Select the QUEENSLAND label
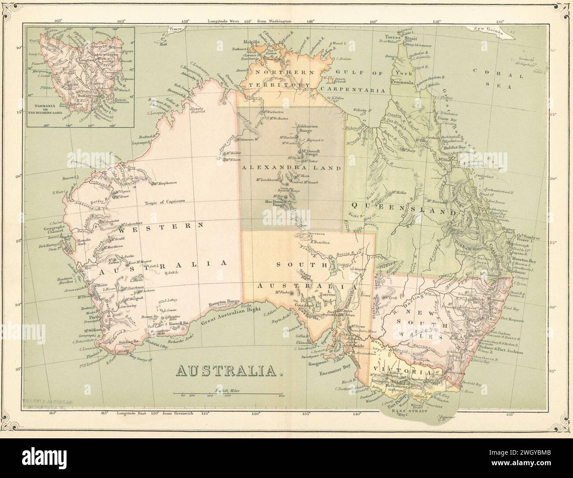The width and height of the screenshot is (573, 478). click(402, 209)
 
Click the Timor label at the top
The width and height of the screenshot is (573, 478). click(175, 30)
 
